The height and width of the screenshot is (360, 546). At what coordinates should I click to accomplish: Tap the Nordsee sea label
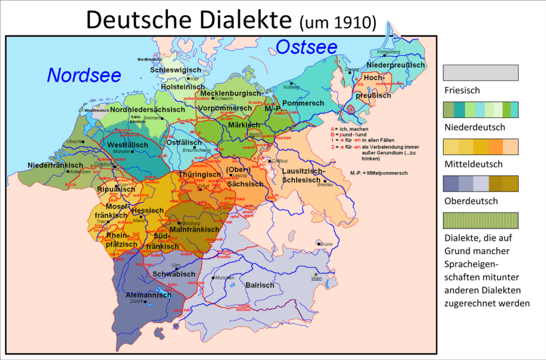[84, 75]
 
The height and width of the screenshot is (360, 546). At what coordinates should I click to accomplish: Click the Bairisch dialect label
[260, 285]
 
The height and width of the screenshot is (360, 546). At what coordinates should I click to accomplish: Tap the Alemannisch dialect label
[148, 294]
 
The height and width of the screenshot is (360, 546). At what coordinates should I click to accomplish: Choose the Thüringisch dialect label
[200, 174]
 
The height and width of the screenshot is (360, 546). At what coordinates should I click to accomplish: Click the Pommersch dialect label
[303, 103]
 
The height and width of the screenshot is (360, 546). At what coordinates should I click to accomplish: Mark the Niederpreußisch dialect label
[396, 65]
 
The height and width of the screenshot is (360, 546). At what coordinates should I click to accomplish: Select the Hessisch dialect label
[148, 211]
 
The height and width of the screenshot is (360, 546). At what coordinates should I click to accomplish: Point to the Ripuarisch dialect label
[116, 189]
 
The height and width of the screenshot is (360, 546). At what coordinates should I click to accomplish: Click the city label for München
[224, 278]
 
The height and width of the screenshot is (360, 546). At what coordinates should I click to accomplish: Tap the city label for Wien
[317, 278]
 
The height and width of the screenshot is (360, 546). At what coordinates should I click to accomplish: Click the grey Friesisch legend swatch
[480, 73]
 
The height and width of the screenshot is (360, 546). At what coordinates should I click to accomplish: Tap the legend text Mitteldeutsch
[473, 164]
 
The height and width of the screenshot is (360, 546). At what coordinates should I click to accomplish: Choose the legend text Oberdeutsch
[471, 201]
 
